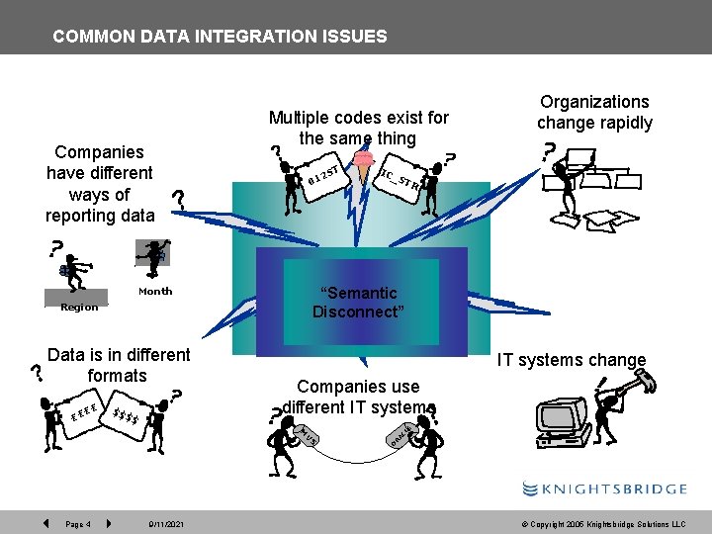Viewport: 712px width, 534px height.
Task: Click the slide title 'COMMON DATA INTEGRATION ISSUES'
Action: (220, 37)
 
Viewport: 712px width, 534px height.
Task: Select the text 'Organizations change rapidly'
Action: (594, 112)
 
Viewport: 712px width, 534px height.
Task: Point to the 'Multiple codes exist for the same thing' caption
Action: (358, 128)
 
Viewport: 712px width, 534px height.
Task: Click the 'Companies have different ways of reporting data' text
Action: (100, 183)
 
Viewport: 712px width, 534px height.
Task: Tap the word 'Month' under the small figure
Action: (155, 291)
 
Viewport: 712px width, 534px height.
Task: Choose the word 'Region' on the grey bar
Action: (79, 307)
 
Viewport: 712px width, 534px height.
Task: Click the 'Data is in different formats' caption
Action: (118, 365)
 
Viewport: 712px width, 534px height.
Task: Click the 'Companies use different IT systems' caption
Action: (358, 397)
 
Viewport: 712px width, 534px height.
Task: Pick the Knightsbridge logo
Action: (604, 489)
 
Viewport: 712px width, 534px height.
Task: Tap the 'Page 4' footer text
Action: (78, 523)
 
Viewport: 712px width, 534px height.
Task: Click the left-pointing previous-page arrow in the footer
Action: (45, 522)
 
